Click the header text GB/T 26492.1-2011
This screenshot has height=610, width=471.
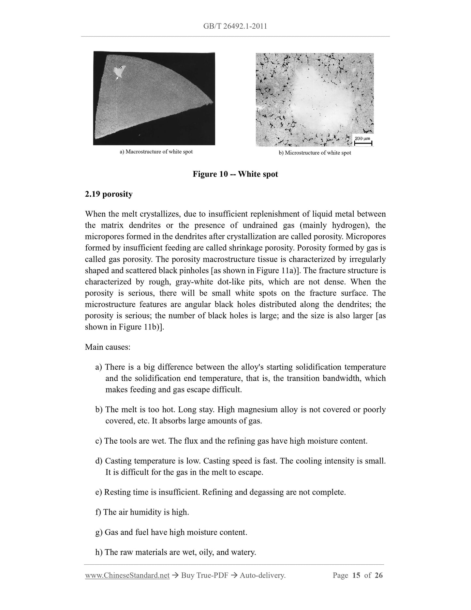[x=235, y=26]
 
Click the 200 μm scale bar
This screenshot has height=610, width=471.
[x=363, y=141]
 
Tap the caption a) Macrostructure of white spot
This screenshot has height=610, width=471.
[x=156, y=152]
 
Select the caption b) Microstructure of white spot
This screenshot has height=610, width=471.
[x=315, y=153]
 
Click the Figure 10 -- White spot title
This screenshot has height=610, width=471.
[x=235, y=174]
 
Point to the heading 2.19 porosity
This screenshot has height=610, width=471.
[x=109, y=194]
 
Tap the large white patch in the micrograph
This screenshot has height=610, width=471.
[x=321, y=101]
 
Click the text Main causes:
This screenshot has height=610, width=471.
[x=108, y=347]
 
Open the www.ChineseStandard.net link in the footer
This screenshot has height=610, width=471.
[x=127, y=575]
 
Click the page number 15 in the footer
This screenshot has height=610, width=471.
[x=356, y=575]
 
